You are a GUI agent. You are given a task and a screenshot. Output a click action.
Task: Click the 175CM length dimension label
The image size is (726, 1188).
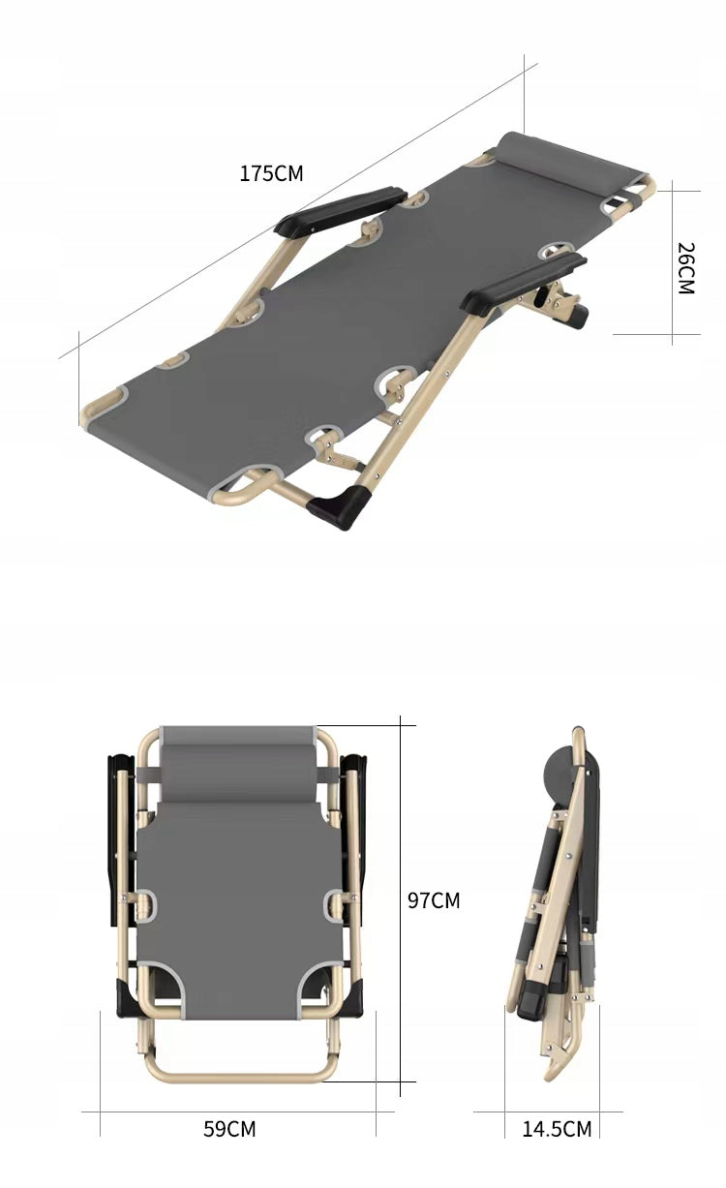271,173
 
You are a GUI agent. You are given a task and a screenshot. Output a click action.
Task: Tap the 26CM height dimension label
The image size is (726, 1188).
685,268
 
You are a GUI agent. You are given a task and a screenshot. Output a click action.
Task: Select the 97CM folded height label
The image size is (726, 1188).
434,900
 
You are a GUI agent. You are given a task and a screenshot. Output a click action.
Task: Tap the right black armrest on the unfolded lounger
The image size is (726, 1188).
523,284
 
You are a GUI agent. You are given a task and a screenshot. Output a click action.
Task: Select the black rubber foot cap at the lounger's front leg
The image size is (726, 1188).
341,506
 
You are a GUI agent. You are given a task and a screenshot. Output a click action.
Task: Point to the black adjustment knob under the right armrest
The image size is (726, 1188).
578,315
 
